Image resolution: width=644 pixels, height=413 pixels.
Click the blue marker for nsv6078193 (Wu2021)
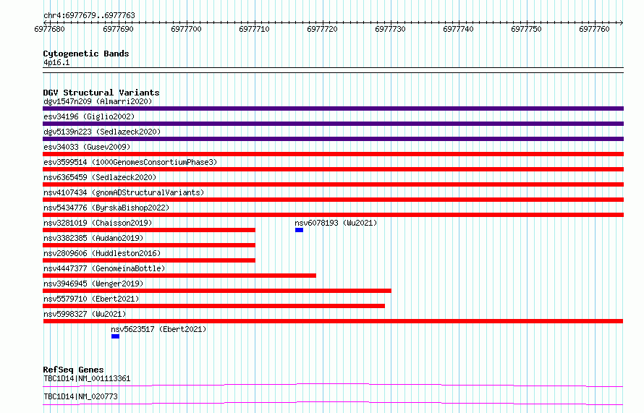pyautogui.click(x=299, y=230)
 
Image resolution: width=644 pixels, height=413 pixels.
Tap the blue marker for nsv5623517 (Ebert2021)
pyautogui.click(x=115, y=336)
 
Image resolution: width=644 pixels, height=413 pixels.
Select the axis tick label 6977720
pyautogui.click(x=322, y=29)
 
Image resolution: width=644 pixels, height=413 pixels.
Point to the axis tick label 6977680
pyautogui.click(x=50, y=29)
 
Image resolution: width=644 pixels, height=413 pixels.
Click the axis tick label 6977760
pyautogui.click(x=594, y=29)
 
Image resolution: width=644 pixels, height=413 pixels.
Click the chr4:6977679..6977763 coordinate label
pyautogui.click(x=89, y=15)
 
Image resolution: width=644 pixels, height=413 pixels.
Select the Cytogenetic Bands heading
pyautogui.click(x=86, y=54)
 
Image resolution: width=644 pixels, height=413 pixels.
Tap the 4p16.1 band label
pyautogui.click(x=56, y=62)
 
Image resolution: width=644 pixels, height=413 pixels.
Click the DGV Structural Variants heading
pyautogui.click(x=101, y=93)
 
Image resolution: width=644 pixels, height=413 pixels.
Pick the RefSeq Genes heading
pyautogui.click(x=73, y=370)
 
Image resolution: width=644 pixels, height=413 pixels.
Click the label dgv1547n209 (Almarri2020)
pyautogui.click(x=98, y=101)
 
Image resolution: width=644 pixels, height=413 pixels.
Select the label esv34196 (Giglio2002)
pyautogui.click(x=89, y=116)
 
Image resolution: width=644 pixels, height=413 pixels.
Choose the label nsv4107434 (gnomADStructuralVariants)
pyautogui.click(x=124, y=192)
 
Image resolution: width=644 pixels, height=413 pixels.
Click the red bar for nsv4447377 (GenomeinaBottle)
pyautogui.click(x=179, y=276)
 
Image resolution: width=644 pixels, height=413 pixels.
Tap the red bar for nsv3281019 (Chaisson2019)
pyautogui.click(x=149, y=230)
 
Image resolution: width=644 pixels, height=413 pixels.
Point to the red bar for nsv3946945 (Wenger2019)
pyautogui.click(x=217, y=291)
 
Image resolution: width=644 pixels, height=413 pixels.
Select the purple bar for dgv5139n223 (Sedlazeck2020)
pyautogui.click(x=333, y=139)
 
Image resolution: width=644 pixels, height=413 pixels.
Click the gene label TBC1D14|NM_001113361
pyautogui.click(x=87, y=378)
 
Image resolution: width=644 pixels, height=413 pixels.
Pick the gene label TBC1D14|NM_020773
pyautogui.click(x=80, y=396)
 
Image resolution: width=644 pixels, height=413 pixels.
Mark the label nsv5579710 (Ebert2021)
pyautogui.click(x=91, y=299)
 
